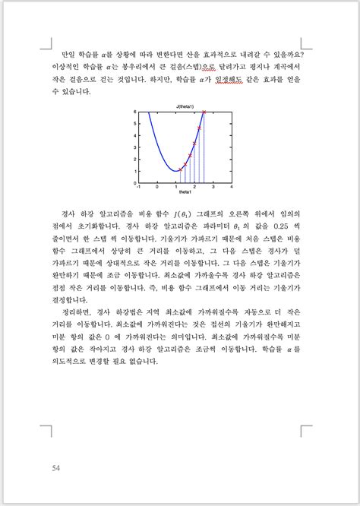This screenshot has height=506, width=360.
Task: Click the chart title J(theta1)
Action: click(185, 106)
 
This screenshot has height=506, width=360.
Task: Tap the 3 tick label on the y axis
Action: click(134, 148)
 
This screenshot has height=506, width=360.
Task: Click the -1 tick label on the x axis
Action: click(137, 185)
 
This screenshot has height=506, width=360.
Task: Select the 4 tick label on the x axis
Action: click(231, 185)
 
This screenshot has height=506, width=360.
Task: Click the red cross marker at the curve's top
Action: click(204, 112)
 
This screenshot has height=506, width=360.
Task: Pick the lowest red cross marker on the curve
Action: click(180, 169)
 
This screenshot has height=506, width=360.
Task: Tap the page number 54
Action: click(56, 467)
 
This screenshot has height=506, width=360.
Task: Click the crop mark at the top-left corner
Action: click(46, 44)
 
